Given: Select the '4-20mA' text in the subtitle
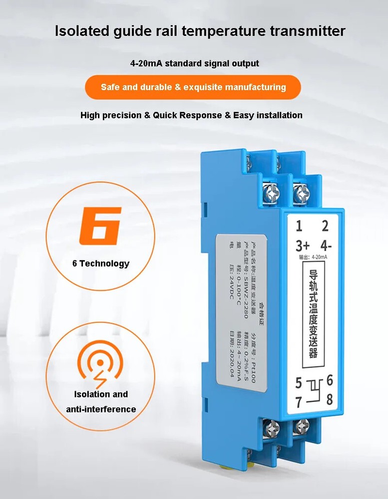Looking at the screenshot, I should (x=146, y=63).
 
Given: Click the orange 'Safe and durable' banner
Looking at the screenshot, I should (x=193, y=87).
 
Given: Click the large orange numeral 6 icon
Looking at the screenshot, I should (x=100, y=226).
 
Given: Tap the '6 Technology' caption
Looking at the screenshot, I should (x=100, y=263).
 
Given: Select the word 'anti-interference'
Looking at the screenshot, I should (x=101, y=409).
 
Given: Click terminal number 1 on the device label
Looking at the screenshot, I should (x=299, y=227).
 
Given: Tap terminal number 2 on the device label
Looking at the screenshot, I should (x=325, y=227).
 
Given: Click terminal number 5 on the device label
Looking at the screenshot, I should (x=299, y=383).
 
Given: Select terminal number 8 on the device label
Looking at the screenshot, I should (x=330, y=399).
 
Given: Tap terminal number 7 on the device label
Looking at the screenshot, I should (x=299, y=401).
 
